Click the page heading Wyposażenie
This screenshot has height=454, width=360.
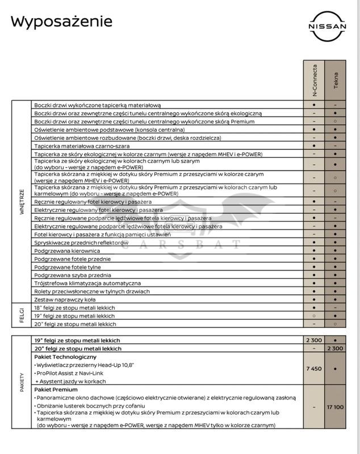[x=61, y=22]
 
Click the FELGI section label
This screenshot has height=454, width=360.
[x=22, y=316]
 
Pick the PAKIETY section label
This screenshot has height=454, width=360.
[x=22, y=382]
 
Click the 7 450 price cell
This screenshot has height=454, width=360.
[x=314, y=369]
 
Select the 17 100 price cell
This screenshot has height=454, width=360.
[x=336, y=407]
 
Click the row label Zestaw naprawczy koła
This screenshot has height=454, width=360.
[x=65, y=299]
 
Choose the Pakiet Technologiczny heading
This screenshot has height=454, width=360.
[x=70, y=356]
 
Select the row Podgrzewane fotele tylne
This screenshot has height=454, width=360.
[x=68, y=267]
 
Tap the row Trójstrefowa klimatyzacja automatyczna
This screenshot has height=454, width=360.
[x=87, y=283]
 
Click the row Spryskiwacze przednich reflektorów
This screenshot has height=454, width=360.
[x=81, y=243]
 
